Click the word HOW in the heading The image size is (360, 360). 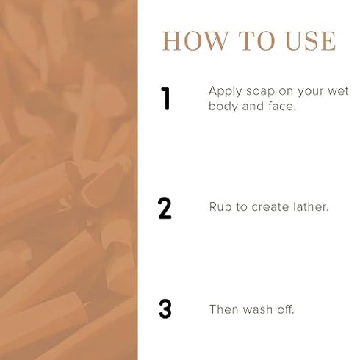[195, 41]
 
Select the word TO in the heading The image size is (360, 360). [256, 41]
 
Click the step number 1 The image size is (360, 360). [165, 98]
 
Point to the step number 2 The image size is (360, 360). [165, 208]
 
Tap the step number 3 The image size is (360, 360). [165, 309]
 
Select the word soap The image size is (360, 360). [260, 92]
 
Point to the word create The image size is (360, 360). [270, 207]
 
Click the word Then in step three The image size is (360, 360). [224, 309]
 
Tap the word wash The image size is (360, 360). [258, 309]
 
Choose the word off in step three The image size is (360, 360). [286, 309]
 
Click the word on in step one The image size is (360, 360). [286, 92]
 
